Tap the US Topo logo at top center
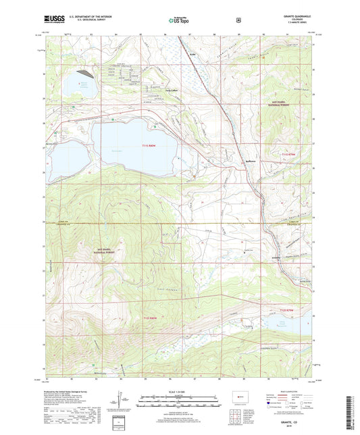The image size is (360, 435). pyautogui.click(x=178, y=21)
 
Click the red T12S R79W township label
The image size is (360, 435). pyautogui.click(x=289, y=309)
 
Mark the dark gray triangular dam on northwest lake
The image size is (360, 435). pyautogui.click(x=84, y=70)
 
